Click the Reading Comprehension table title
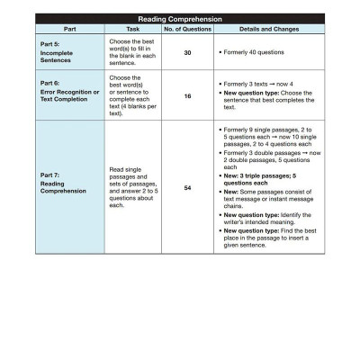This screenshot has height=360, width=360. point(179,18)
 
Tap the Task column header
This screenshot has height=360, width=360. point(132,28)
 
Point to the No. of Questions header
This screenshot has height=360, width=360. point(187,28)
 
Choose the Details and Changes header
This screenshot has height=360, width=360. point(261,28)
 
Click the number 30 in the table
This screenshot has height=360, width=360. point(187,53)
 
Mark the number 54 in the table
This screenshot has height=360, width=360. point(187,187)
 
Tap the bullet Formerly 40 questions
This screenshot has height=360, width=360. point(253,53)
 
